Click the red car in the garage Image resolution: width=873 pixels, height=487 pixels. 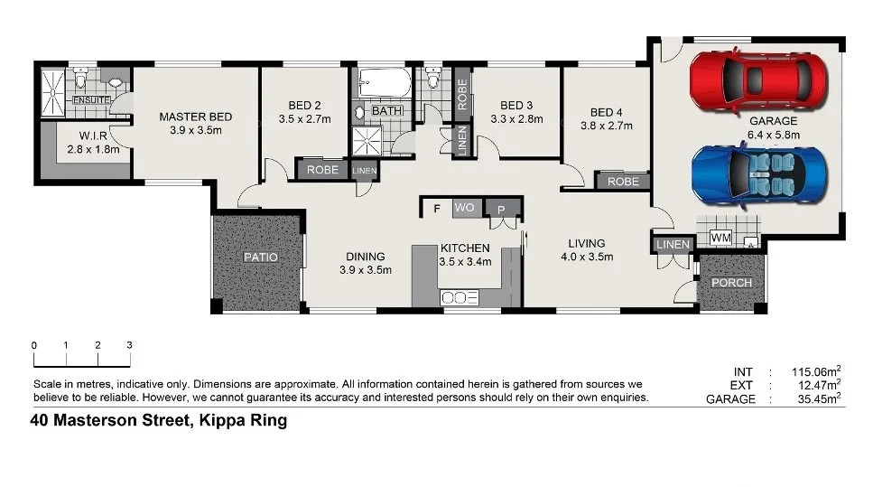point(757,79)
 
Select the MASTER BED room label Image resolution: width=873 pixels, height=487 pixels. point(195,117)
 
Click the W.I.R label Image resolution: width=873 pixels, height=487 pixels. point(80,136)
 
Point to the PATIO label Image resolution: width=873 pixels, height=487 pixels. point(261,257)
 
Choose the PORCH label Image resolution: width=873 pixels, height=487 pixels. point(731,282)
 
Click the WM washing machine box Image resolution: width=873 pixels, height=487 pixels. point(720,237)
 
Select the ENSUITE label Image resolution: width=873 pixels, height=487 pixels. point(91,99)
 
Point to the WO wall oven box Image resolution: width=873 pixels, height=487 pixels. point(464,208)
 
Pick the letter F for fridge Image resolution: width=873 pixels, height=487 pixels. point(437,209)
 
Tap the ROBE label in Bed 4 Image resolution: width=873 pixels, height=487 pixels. point(623,182)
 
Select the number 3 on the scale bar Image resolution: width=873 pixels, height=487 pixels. point(129,345)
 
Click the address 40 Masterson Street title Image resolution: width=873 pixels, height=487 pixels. point(158,420)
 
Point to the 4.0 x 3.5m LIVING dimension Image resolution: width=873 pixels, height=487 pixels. point(586,257)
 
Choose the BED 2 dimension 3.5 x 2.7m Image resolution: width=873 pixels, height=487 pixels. point(305,118)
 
